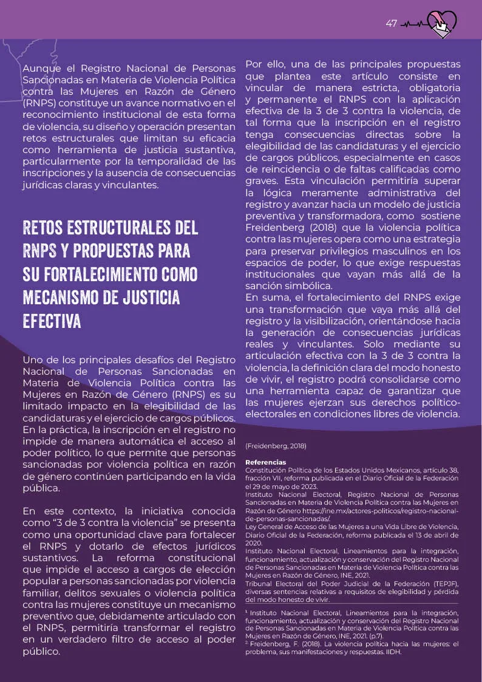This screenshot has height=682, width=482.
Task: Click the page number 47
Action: [391, 24]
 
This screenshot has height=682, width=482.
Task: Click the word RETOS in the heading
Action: [45, 228]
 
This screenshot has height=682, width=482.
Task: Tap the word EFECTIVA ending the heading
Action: [52, 321]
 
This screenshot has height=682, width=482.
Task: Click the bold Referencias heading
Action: [265, 462]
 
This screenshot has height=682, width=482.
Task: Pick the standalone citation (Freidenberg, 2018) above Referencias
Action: [276, 446]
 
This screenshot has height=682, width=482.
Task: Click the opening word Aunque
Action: [41, 69]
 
